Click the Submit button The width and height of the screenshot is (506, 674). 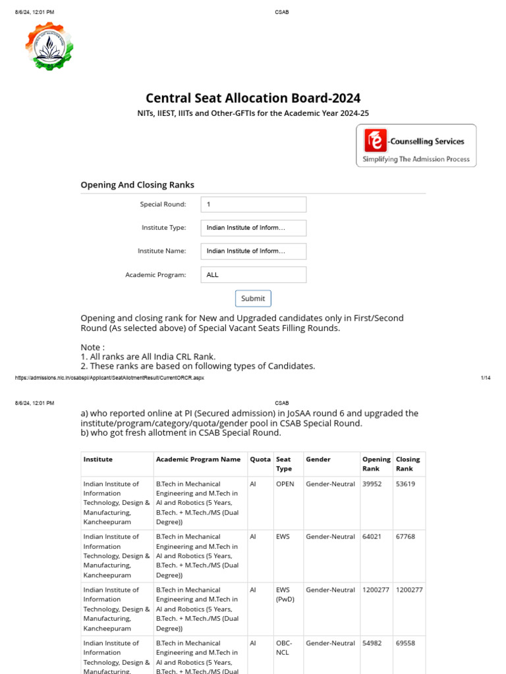(253, 298)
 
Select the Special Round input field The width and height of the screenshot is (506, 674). (254, 205)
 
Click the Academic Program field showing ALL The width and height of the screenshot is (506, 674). (254, 275)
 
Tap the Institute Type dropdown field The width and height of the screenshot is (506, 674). (254, 228)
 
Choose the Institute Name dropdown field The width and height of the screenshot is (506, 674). (254, 251)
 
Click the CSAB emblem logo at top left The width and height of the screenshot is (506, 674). (49, 45)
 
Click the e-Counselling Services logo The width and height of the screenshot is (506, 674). (416, 147)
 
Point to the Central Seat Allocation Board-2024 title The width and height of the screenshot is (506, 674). (253, 98)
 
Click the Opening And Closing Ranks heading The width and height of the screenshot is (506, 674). (137, 185)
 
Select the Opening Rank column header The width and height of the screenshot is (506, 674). (376, 464)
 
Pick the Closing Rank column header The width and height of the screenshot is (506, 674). (408, 464)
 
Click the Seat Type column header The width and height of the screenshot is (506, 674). (284, 464)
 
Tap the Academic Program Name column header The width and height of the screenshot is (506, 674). (198, 459)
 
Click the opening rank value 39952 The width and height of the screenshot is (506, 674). (372, 484)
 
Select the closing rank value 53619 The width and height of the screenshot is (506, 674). (405, 484)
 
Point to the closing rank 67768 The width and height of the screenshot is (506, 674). (405, 537)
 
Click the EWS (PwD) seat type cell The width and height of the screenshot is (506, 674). (285, 595)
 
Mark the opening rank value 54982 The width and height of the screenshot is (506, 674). (372, 643)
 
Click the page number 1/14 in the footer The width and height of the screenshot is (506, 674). (486, 378)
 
